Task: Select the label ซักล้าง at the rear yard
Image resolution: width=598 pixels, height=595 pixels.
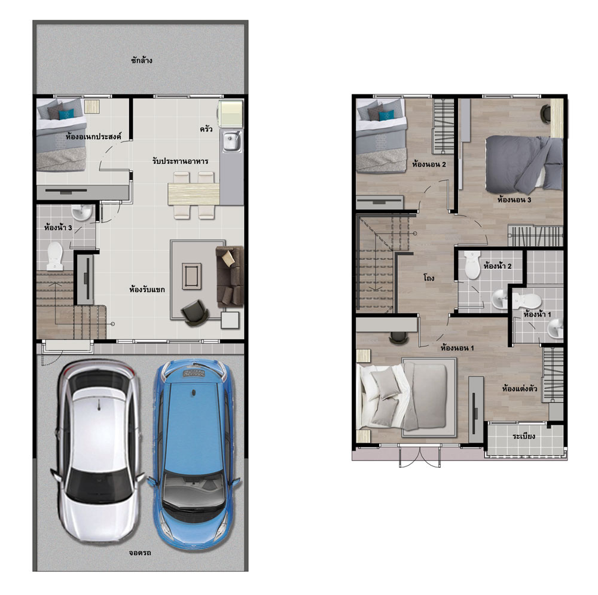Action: pos(142,60)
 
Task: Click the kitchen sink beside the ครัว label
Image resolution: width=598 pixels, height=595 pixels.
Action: pos(231,142)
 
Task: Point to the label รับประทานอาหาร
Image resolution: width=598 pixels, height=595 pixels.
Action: pos(180,161)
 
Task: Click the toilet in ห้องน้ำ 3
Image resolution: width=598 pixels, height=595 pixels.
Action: pos(55,256)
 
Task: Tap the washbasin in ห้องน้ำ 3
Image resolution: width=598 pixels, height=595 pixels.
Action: pos(81,213)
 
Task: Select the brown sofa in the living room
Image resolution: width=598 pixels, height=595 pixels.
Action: pos(230,276)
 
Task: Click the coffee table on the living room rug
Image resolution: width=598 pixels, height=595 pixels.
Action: pos(191,276)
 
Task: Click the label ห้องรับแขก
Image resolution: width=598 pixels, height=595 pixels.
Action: pos(147,290)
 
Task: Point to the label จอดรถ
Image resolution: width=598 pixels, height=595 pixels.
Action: pos(140,553)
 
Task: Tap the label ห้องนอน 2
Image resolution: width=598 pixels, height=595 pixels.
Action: pos(429,164)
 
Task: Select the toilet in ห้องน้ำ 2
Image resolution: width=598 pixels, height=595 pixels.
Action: pos(472,265)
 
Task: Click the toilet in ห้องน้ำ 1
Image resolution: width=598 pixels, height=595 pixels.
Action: pos(527,301)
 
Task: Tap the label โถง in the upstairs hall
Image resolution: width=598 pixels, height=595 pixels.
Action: pos(429,278)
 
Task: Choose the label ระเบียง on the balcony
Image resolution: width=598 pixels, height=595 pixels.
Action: pos(524,436)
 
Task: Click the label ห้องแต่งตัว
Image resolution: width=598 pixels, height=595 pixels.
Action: pos(520,388)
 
